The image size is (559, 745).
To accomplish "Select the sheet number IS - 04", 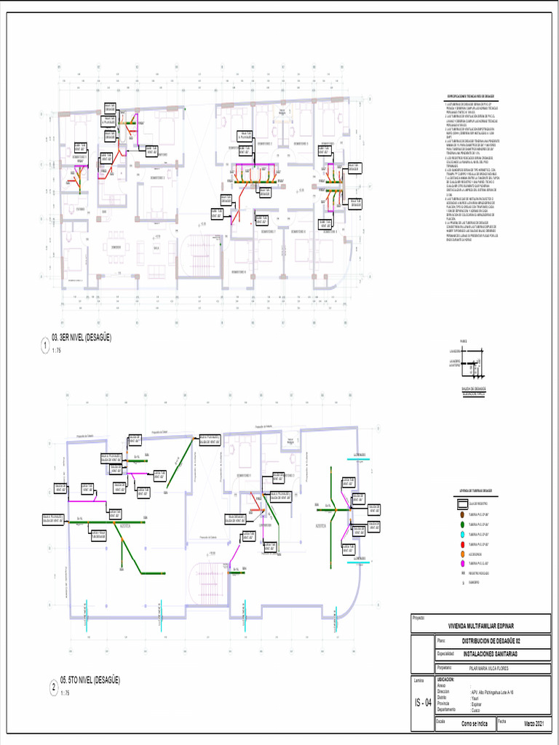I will [x=422, y=703].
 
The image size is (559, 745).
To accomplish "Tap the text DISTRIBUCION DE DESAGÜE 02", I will [x=491, y=641].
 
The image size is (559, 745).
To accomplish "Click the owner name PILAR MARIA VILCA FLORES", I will [x=488, y=667].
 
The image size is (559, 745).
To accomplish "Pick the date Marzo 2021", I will [x=539, y=724].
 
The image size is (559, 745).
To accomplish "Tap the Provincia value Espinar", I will [x=477, y=704].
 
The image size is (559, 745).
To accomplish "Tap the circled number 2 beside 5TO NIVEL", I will [x=54, y=686].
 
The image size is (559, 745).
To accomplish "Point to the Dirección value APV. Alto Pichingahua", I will [x=493, y=692].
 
